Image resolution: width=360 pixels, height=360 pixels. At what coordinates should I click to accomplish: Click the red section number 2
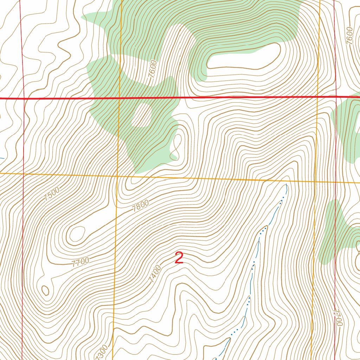[x=179, y=258]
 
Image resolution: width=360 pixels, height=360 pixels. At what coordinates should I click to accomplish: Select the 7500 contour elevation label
[x=52, y=194]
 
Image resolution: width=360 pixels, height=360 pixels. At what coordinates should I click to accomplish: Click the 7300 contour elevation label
[x=101, y=352]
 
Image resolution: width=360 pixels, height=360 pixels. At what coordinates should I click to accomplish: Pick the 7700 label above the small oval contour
[x=80, y=262]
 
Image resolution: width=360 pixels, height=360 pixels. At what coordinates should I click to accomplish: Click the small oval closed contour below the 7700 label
[x=45, y=290]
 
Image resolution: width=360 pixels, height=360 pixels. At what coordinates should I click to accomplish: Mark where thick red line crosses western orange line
[x=119, y=98]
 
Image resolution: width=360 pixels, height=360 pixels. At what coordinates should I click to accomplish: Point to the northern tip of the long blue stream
[x=287, y=184]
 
